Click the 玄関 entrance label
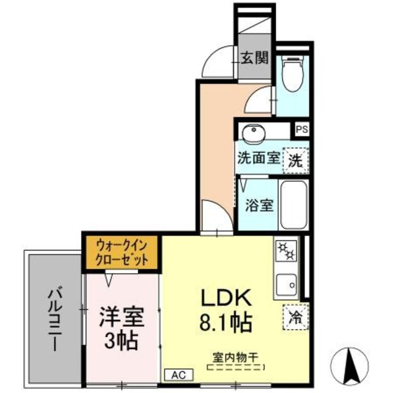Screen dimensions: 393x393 pos(254,58)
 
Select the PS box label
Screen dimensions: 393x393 pos(302,130)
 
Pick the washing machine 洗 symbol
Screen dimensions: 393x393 pos(296,161)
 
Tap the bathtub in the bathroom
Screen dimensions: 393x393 pos(292,204)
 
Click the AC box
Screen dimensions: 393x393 pos(178,374)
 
